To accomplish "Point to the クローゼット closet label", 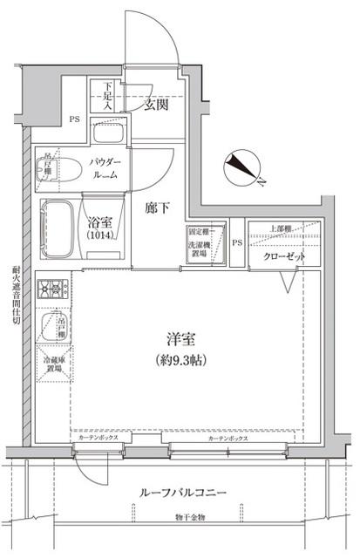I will click(284, 257).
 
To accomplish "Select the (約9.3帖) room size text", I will click(181, 359).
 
